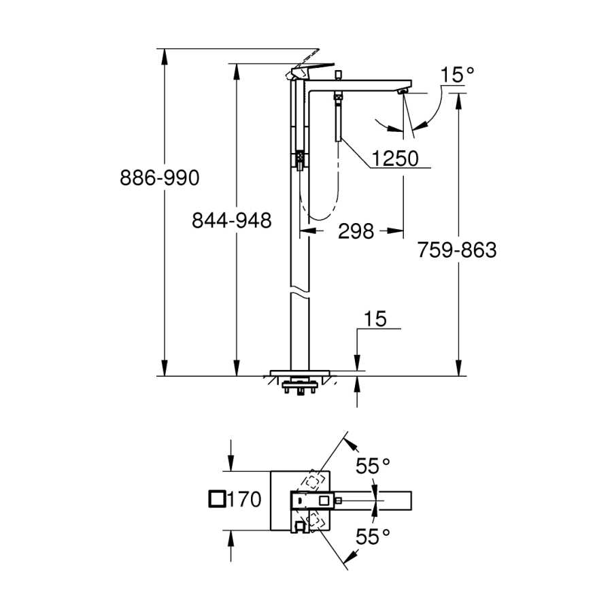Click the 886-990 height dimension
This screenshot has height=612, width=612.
click(160, 177)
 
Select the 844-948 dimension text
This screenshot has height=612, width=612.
click(231, 220)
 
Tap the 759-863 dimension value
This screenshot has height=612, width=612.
click(457, 250)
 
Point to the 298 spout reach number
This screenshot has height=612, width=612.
click(356, 231)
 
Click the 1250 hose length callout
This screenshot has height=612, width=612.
click(395, 158)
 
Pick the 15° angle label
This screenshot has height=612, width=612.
click(457, 75)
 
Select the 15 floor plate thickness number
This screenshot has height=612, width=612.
click(375, 319)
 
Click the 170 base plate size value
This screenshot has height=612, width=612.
click(244, 499)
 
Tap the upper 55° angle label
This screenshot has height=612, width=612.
click(373, 466)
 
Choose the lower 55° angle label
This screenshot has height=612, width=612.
click(373, 537)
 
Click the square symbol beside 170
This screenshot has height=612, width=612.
click(217, 499)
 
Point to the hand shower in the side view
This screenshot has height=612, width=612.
click(338, 116)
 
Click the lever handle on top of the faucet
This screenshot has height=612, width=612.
click(312, 69)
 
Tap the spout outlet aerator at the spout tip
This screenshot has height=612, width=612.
click(403, 92)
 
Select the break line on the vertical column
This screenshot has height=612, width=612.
click(300, 294)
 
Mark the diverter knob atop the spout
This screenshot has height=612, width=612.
click(339, 75)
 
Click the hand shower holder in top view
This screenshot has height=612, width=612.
click(300, 527)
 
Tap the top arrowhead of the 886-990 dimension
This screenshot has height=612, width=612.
click(165, 57)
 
